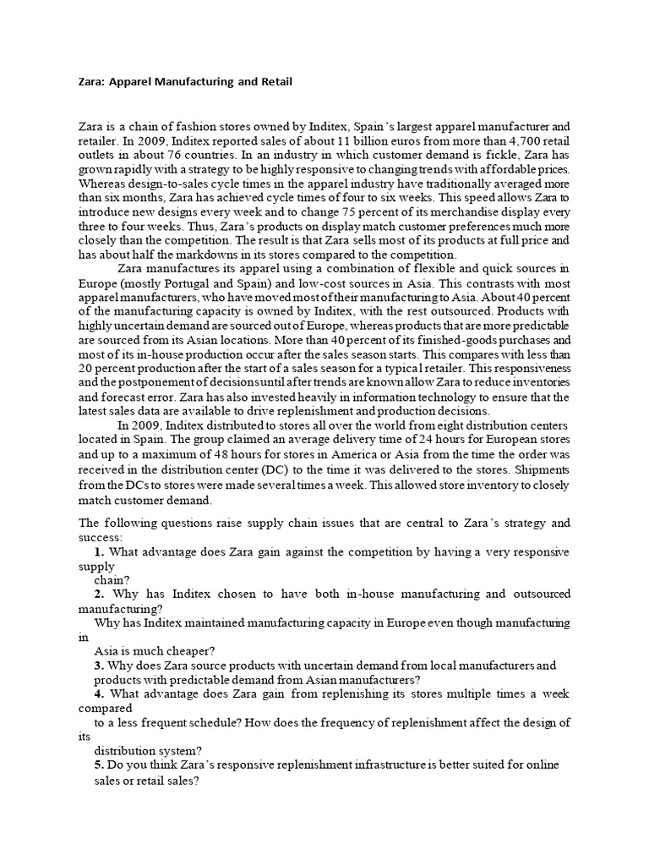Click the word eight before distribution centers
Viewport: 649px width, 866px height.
click(434, 425)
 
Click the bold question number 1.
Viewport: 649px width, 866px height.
click(99, 552)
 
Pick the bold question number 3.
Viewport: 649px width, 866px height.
click(99, 666)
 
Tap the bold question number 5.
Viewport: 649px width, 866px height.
click(99, 765)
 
